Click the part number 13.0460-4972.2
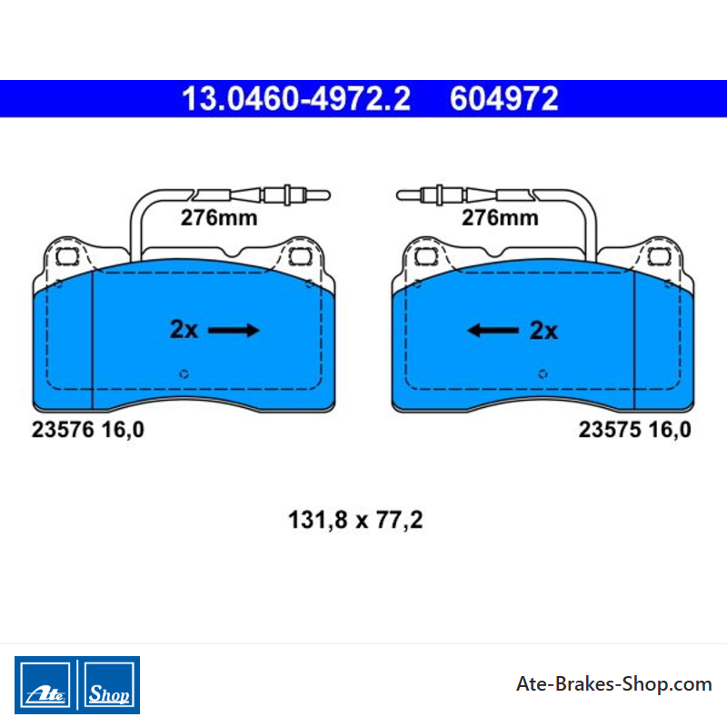(x=296, y=99)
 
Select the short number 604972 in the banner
(x=504, y=99)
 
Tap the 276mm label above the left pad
(x=219, y=218)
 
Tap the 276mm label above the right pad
(x=500, y=218)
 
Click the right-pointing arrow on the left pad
(x=234, y=330)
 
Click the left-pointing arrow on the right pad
(x=493, y=330)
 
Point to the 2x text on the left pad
(x=184, y=330)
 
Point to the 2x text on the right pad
(x=543, y=331)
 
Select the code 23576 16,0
(x=87, y=430)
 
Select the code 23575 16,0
(x=634, y=430)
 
